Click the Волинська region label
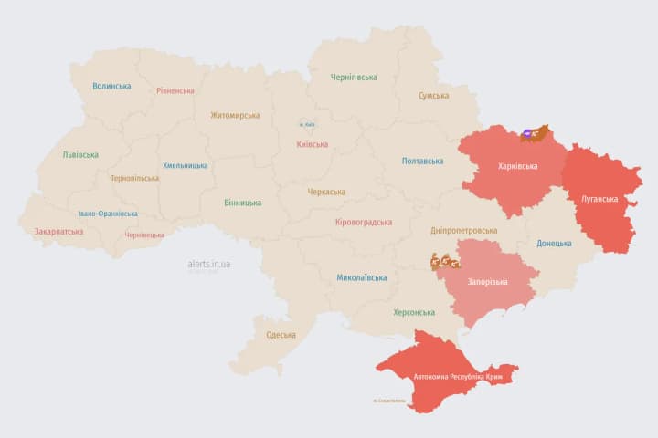[111, 87]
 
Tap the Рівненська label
[175, 90]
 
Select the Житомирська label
[235, 116]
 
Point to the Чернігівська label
[354, 78]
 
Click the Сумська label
[433, 96]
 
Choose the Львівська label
[80, 155]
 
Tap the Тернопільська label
[133, 178]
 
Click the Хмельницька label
[185, 166]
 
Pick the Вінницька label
[242, 203]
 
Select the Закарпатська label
[58, 232]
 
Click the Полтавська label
[422, 161]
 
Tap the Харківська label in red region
[518, 166]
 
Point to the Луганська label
[600, 198]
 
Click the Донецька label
[554, 244]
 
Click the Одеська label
[281, 335]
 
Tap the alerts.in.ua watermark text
[209, 264]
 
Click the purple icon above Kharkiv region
[527, 134]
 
